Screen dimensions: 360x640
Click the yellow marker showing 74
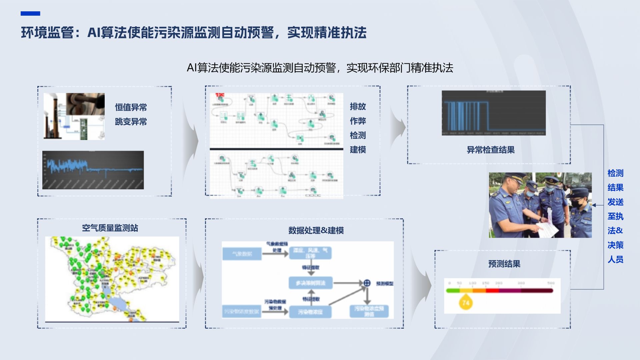pos(466,303)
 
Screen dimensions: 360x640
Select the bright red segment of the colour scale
pos(492,291)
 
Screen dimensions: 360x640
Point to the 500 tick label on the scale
pos(551,283)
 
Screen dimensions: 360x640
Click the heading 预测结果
pos(504,264)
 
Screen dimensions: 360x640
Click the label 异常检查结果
pos(490,150)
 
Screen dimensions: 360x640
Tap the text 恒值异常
pos(131,107)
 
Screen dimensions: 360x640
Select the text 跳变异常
pos(131,122)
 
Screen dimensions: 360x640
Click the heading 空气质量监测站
pos(110,228)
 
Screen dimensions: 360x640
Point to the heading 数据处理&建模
pos(316,230)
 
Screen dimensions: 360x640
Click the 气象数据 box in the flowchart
pos(242,254)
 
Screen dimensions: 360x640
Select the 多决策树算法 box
pos(310,283)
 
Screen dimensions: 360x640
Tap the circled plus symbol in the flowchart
pos(367,283)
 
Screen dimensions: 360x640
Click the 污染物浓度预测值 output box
pos(369,311)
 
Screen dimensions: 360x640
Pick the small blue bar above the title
pos(30,13)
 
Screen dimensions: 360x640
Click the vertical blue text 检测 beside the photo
pos(615,173)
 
